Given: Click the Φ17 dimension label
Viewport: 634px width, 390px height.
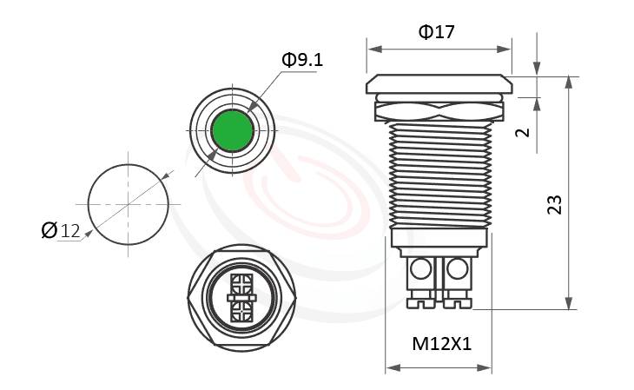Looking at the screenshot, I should pos(437,32).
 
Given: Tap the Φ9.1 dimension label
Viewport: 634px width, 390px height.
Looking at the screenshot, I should pos(301,60).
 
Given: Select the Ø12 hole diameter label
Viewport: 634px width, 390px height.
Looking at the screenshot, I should pos(61,230).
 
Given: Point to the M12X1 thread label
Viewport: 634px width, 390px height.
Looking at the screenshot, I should pos(440,344).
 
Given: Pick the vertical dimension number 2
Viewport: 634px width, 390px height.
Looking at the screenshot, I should pos(521,132).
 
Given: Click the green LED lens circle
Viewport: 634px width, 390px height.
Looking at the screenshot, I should pos(232,131).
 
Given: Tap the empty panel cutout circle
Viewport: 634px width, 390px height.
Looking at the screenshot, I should pos(129,205).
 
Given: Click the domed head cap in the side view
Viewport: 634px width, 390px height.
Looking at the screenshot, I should pos(439,84).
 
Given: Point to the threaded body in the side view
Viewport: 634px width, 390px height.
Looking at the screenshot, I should pos(439,174).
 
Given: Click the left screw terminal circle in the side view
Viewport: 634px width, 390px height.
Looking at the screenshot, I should pos(420,270).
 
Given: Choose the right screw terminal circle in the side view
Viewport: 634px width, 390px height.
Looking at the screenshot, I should pos(457,270).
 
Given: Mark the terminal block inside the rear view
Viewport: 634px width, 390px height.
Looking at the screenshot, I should pos(241,297).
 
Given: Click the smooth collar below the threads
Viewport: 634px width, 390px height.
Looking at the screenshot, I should pos(439,238).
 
